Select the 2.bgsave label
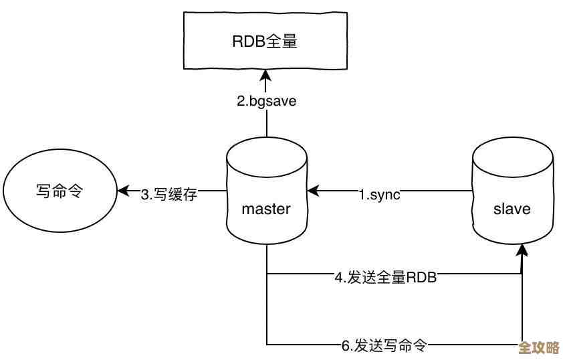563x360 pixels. point(267,102)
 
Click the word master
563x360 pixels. point(266,209)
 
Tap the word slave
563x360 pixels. point(512,209)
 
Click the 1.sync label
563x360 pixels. point(379,195)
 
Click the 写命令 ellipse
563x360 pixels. point(59,191)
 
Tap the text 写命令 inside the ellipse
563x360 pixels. point(59,191)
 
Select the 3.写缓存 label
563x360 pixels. point(168,195)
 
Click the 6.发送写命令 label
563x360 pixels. point(384,346)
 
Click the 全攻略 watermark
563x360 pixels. point(539,349)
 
